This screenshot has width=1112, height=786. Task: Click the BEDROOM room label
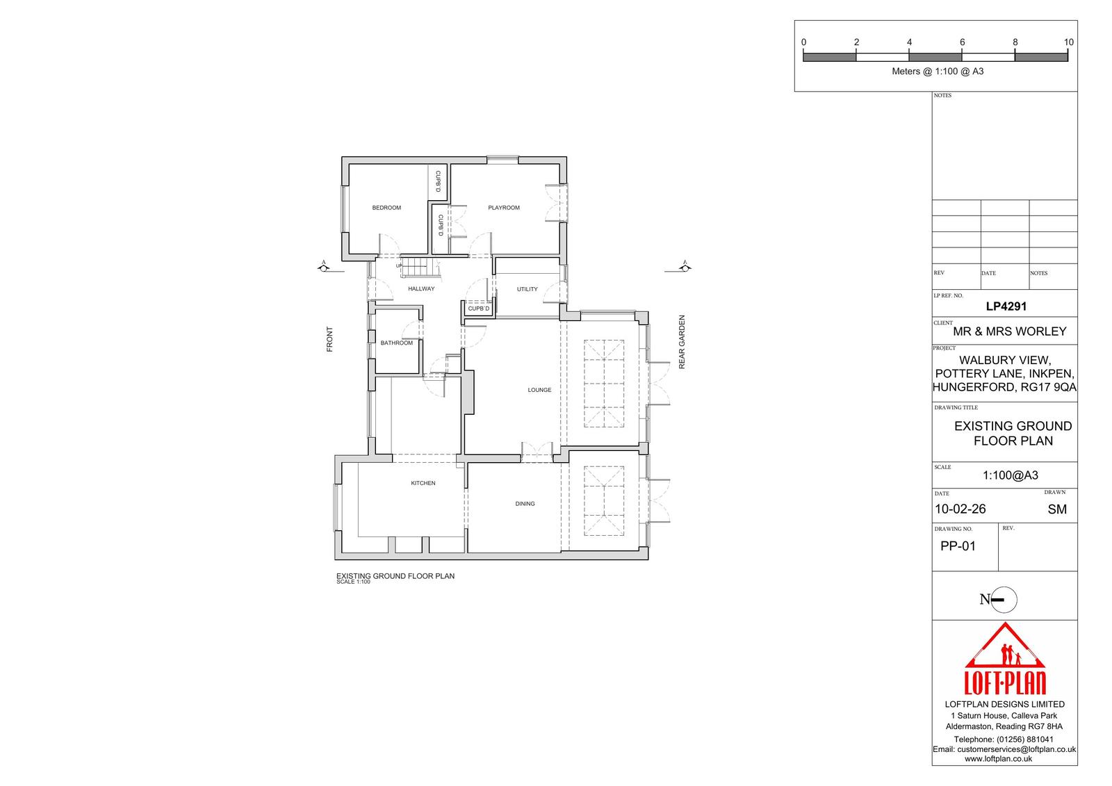tap(386, 208)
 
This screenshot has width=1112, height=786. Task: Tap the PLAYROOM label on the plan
tap(503, 208)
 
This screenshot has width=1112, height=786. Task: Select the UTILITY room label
tap(527, 289)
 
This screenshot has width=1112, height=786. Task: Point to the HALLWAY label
tap(421, 288)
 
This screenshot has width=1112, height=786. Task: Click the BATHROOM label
tap(396, 343)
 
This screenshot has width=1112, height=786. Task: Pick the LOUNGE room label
tap(539, 390)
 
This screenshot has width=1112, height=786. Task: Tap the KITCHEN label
tap(423, 483)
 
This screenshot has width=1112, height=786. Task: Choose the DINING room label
tap(525, 503)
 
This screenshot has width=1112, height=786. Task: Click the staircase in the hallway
tap(420, 268)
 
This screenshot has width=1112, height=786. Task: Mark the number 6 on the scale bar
tap(962, 42)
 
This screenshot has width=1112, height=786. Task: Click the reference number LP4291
tap(1006, 306)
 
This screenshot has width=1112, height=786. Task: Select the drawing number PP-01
tap(958, 546)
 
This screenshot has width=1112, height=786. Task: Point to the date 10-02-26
tap(960, 509)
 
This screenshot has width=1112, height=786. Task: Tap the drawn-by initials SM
tap(1057, 509)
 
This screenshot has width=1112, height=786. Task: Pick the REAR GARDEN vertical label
tap(682, 342)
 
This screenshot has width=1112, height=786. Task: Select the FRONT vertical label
tap(329, 339)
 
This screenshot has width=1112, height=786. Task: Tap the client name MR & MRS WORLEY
tap(1009, 331)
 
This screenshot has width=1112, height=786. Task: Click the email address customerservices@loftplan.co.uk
tap(1016, 749)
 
